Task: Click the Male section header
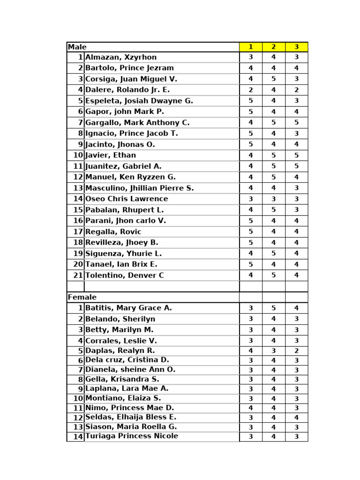(x=77, y=47)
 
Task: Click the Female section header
(x=82, y=297)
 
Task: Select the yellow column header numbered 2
(x=274, y=47)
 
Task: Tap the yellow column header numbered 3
(x=296, y=47)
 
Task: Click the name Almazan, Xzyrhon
(x=121, y=57)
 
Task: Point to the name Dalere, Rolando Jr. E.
(x=127, y=90)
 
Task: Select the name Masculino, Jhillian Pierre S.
(x=139, y=188)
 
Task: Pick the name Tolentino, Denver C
(x=125, y=275)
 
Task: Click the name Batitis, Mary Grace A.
(x=128, y=308)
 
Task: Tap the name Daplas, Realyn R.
(x=120, y=351)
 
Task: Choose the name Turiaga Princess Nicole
(x=132, y=436)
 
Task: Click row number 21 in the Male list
(x=78, y=275)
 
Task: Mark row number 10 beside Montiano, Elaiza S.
(x=78, y=398)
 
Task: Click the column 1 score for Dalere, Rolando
(x=251, y=90)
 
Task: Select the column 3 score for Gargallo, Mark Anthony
(x=296, y=123)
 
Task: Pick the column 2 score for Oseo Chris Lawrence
(x=274, y=199)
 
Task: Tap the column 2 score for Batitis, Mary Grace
(x=274, y=308)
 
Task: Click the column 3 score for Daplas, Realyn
(x=296, y=351)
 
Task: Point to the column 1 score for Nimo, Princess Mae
(x=251, y=408)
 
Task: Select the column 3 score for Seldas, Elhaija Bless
(x=296, y=417)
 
